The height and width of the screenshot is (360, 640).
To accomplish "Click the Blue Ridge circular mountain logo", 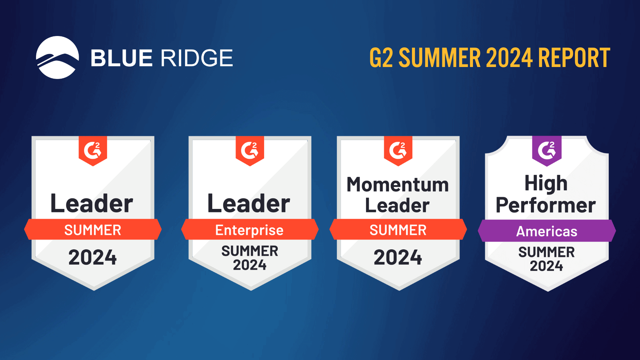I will [x=57, y=57].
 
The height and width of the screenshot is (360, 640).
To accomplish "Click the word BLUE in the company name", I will [x=122, y=58].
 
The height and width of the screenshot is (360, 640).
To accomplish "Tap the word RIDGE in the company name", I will [x=197, y=58].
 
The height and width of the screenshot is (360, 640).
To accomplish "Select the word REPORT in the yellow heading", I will [x=574, y=58].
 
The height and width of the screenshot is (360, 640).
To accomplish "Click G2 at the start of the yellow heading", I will [x=381, y=58].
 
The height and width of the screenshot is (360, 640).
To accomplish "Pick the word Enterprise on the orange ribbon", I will [x=249, y=230].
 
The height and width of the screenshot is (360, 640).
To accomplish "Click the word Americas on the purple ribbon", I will [x=547, y=231].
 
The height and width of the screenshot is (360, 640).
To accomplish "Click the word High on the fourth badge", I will [x=546, y=183].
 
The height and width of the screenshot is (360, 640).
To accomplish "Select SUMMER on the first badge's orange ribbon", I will [x=93, y=230].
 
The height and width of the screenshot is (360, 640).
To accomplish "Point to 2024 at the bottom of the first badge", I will [x=93, y=257].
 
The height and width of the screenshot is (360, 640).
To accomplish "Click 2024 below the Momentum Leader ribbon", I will [x=398, y=257].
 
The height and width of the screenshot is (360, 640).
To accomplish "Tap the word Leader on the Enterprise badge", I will [x=249, y=203].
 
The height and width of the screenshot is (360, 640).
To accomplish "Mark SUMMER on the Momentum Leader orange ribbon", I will [x=398, y=230].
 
